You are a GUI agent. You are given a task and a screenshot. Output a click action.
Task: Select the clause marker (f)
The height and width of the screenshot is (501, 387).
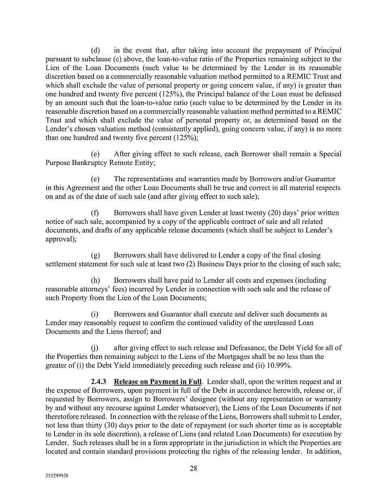95,213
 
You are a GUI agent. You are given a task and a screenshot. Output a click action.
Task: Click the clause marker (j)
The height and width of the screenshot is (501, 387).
95,348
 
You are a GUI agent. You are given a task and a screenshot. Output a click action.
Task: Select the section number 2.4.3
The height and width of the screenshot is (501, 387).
99,382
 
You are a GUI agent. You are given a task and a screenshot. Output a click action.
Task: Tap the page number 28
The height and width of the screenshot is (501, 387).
193,469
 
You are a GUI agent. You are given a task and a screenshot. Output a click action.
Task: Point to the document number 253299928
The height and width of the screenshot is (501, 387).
57,477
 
